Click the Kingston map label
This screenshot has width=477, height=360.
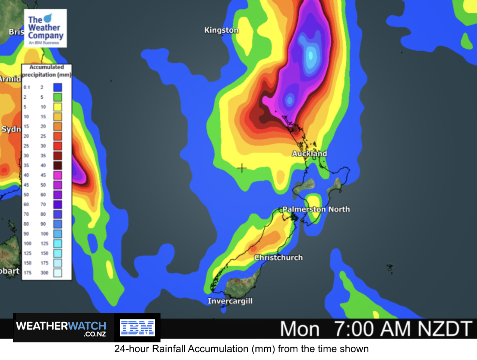tap(221, 30)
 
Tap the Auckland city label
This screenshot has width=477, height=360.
tap(309, 153)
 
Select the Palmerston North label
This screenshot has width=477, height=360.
tap(316, 209)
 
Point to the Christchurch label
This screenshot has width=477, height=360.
tap(278, 257)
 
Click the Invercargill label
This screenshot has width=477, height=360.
tap(230, 301)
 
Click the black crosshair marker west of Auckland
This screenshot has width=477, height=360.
tap(242, 168)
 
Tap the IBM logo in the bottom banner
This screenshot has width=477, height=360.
tap(137, 328)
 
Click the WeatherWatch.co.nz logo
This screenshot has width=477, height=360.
tap(61, 328)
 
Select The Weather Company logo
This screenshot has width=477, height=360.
tap(45, 28)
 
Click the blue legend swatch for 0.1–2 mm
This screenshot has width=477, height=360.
tap(57, 87)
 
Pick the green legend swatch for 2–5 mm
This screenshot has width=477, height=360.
tap(57, 97)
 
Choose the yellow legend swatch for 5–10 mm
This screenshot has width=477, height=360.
tap(57, 107)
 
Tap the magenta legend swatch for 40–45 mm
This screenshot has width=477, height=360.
tap(57, 175)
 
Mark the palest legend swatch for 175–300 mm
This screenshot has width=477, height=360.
tap(57, 273)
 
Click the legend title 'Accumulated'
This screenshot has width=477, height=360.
tap(46, 67)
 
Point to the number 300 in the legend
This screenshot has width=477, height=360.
tap(44, 273)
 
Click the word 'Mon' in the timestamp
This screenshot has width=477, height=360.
tap(300, 329)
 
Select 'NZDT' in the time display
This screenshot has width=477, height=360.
tap(445, 329)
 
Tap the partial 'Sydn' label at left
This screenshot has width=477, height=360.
tap(11, 129)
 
